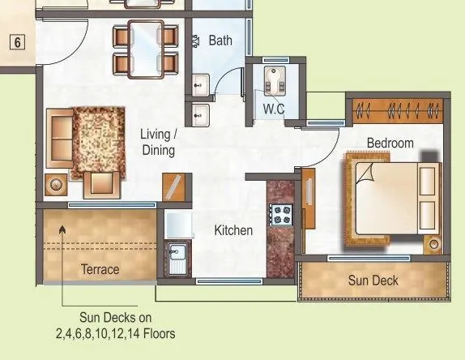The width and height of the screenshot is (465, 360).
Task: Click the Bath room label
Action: (221, 40)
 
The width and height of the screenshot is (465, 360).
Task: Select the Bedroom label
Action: (390, 144)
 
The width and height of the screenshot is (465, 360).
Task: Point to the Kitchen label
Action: (233, 230)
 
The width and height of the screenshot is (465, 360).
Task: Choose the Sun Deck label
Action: (373, 281)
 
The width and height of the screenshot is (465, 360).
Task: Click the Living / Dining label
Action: (159, 142)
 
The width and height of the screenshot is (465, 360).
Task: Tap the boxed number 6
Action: (18, 42)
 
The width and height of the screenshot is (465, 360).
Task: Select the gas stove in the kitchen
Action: (281, 216)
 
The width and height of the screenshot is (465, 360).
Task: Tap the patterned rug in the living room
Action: (98, 143)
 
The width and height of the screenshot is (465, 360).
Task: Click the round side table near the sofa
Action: (57, 185)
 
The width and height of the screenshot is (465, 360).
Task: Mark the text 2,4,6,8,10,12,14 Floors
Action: (115, 333)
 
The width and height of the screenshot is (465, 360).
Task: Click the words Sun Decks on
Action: (115, 318)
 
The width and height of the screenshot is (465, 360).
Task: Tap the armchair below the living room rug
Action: (102, 183)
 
